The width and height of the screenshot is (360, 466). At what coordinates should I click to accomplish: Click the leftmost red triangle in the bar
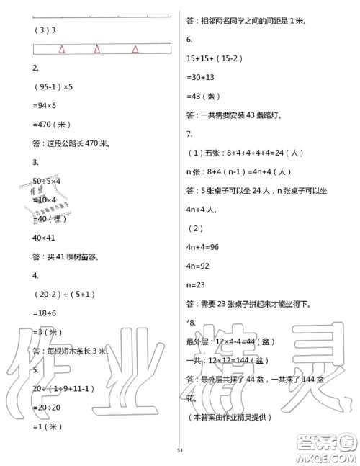(x=63, y=50)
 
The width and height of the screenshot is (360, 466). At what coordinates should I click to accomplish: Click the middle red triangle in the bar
(x=98, y=50)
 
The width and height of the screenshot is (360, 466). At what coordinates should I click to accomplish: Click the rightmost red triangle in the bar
(x=135, y=50)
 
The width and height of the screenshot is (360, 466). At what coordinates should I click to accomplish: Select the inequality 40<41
(x=48, y=236)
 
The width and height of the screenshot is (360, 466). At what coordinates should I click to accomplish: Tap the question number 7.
(x=189, y=134)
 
